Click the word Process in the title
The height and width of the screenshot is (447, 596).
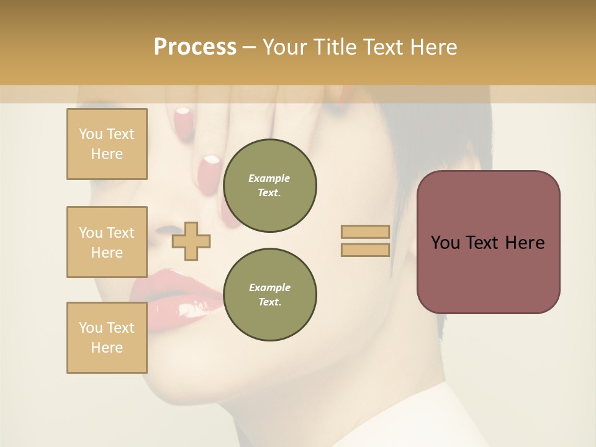coord(195,47)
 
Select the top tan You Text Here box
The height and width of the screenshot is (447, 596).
coord(107,144)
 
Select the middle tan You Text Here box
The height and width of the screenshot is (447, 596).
coord(107,242)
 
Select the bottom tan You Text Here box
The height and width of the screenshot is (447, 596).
coord(107,338)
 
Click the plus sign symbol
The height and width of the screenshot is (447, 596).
coord(191,241)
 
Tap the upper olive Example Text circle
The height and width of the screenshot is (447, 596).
coord(269,186)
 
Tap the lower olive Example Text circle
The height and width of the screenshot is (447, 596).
coord(269,295)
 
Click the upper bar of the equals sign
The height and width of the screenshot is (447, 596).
coord(365,232)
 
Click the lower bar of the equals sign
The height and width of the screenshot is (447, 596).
coord(365,250)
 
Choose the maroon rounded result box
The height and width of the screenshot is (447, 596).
coord(488,242)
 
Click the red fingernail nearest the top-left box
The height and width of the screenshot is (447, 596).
coord(182,118)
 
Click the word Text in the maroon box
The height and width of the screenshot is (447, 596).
coord(487,243)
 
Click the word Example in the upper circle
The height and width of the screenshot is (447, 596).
coord(269,178)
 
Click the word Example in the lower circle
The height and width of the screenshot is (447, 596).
coord(269,287)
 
